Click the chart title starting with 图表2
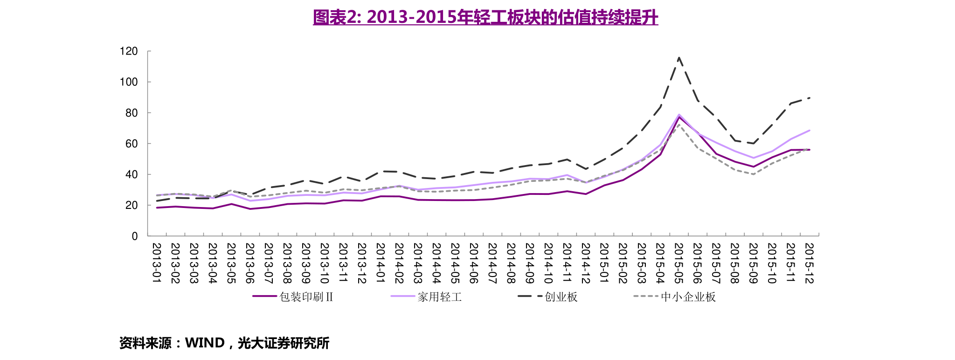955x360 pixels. [485, 17]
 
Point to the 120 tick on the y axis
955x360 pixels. [129, 51]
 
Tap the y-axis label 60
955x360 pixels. [131, 144]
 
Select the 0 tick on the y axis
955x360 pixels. [135, 236]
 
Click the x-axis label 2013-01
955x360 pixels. [157, 263]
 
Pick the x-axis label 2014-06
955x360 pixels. [474, 263]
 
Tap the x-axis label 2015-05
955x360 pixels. [679, 263]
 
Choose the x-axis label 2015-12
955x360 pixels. [810, 263]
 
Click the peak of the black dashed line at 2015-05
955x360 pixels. [679, 57]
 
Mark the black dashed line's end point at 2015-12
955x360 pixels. [810, 98]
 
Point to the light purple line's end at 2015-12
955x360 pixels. [810, 130]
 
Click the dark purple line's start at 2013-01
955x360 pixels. [157, 208]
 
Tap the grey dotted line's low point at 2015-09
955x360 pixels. [754, 174]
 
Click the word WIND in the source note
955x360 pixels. [205, 343]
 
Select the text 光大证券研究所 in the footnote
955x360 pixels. [284, 343]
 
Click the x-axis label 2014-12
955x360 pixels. [586, 263]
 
